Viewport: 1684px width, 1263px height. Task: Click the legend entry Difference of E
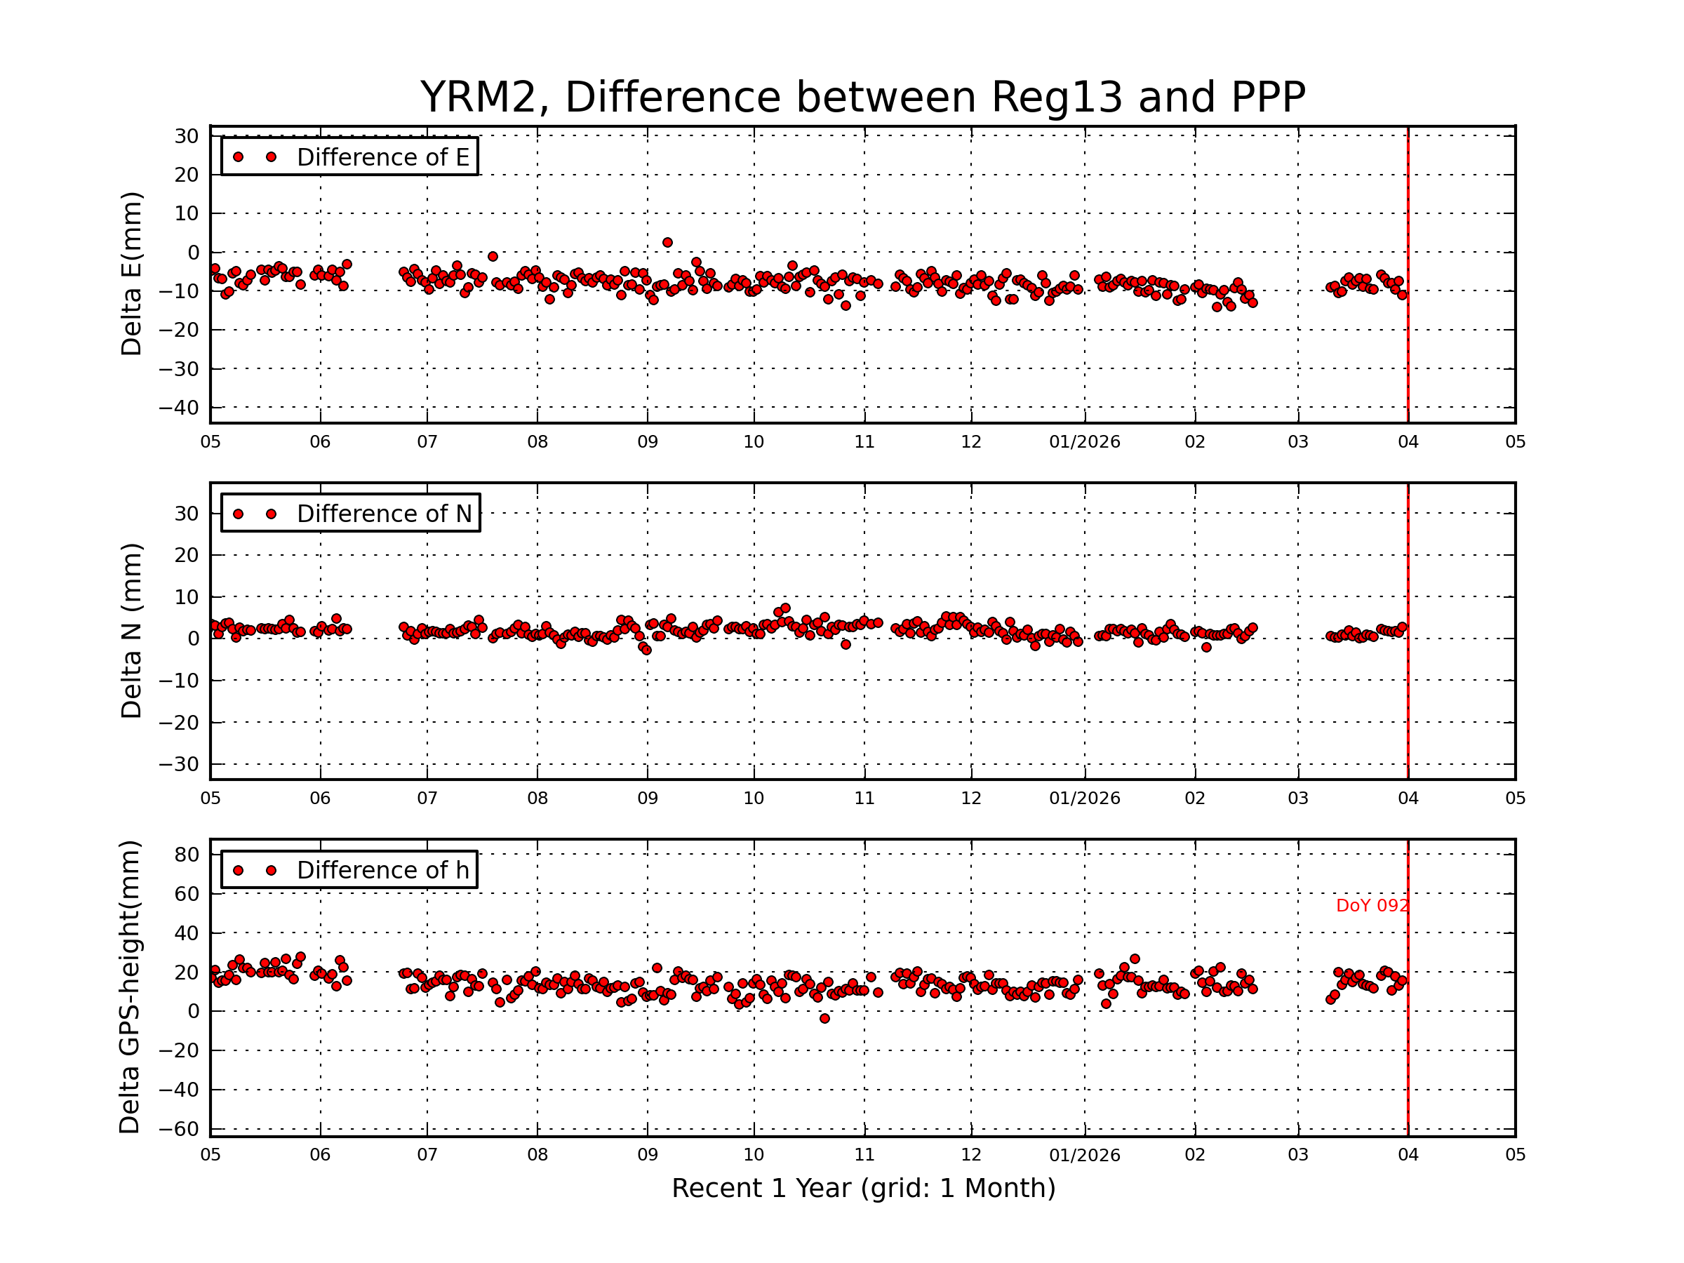tap(382, 158)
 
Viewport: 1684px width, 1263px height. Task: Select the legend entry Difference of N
tap(384, 514)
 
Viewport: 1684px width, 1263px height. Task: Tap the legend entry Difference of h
tap(382, 870)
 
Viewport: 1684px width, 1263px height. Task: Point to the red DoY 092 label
tap(1371, 906)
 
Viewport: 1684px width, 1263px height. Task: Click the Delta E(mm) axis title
tap(132, 274)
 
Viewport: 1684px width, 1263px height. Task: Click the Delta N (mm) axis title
tap(132, 630)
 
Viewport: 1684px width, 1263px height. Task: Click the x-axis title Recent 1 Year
tap(862, 1189)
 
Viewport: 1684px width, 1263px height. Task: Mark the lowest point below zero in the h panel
tap(824, 1019)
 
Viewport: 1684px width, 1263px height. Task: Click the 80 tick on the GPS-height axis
tap(187, 855)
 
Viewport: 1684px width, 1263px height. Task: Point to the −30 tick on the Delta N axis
tap(178, 764)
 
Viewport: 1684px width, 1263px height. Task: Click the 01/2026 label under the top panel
tap(1084, 442)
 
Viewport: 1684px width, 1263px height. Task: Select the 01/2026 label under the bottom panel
tap(1084, 1156)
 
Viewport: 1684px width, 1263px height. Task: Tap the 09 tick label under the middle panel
tap(647, 798)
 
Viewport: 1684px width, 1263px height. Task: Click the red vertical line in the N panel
tap(1408, 685)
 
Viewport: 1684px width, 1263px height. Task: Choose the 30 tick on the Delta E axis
tap(187, 136)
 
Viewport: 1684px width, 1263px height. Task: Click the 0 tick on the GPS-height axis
tap(193, 1012)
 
